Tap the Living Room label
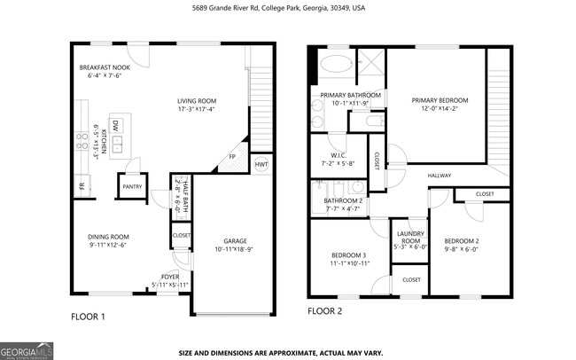pyautogui.click(x=196, y=101)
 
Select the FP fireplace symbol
pyautogui.click(x=232, y=157)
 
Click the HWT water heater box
pyautogui.click(x=261, y=164)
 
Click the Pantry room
pyautogui.click(x=132, y=187)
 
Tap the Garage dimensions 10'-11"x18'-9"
pyautogui.click(x=235, y=250)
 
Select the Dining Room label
pyautogui.click(x=108, y=237)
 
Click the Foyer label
pyautogui.click(x=170, y=277)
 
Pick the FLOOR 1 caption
pyautogui.click(x=88, y=316)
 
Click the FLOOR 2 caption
pyautogui.click(x=324, y=311)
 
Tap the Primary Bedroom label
pyautogui.click(x=439, y=100)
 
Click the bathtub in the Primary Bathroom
pyautogui.click(x=337, y=64)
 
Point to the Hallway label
pyautogui.click(x=440, y=176)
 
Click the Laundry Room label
pyautogui.click(x=410, y=236)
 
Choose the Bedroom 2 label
pyautogui.click(x=461, y=241)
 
